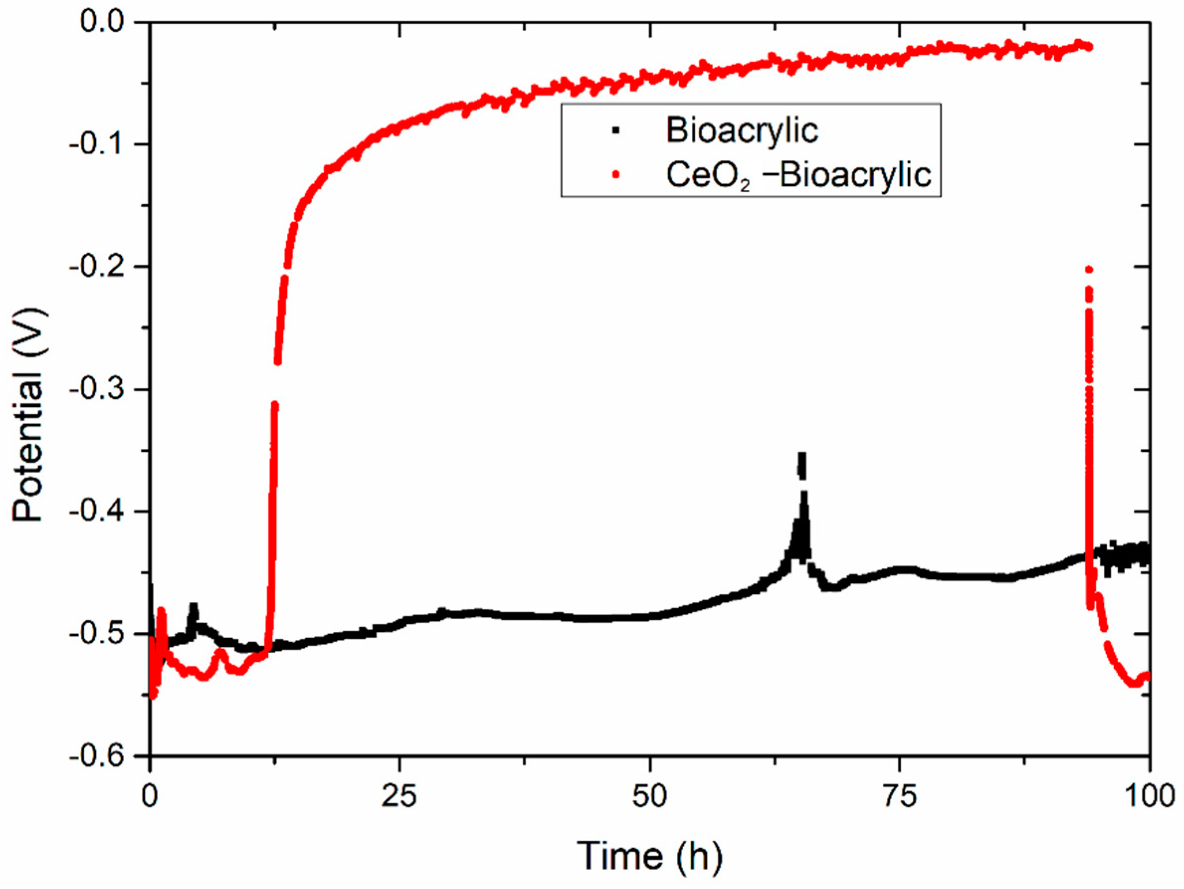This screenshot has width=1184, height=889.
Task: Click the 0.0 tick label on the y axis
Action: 102,21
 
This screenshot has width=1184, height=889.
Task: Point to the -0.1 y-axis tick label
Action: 97,144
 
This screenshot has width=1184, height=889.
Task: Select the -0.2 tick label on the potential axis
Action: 97,266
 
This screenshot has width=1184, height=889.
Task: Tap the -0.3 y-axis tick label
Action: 97,389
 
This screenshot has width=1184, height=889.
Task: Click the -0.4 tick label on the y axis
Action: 97,511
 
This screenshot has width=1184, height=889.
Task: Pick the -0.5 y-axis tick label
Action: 97,634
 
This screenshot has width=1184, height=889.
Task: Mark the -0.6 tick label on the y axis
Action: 97,756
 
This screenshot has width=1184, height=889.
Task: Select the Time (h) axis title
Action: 649,855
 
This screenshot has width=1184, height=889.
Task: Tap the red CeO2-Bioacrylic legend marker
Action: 616,175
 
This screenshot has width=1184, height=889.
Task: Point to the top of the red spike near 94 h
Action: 1088,269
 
